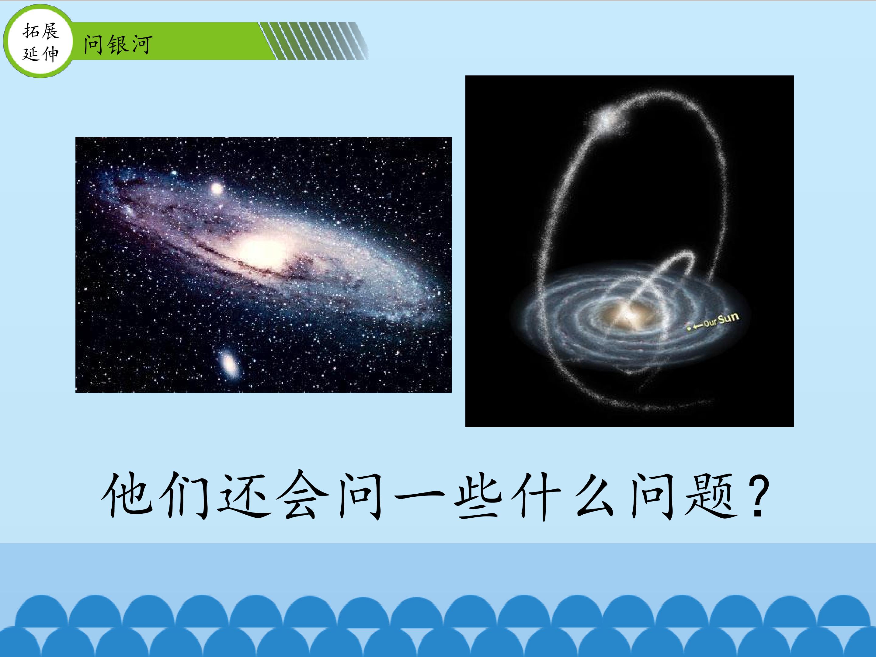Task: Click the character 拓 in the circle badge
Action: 31,31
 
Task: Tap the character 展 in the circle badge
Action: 50,31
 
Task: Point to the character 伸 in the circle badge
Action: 50,53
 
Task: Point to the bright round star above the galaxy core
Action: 217,189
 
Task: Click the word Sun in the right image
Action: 728,319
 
